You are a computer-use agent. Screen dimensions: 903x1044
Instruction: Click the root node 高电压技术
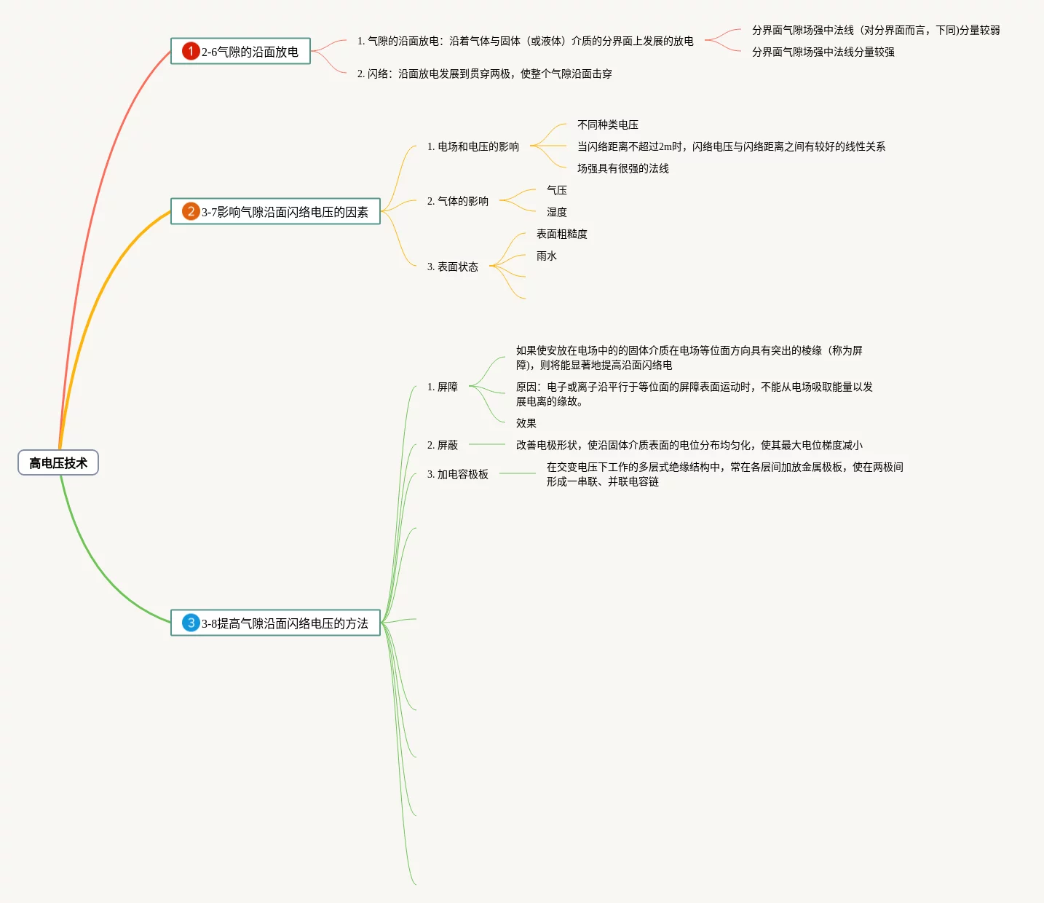point(58,463)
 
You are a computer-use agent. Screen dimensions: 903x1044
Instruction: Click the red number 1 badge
point(191,51)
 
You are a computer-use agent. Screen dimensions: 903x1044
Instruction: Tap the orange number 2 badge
point(191,211)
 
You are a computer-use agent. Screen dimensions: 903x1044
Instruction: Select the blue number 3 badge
point(191,623)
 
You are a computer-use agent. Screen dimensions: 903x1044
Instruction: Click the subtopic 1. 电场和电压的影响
point(473,146)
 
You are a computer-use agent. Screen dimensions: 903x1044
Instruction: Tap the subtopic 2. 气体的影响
point(458,201)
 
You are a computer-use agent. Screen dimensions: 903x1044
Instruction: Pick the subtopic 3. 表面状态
point(453,267)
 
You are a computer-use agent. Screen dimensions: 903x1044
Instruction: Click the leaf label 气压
point(557,190)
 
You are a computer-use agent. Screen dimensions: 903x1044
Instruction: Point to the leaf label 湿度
point(557,212)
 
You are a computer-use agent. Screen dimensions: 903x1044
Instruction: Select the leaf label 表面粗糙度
point(562,234)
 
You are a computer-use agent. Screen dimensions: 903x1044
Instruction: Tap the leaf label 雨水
point(547,256)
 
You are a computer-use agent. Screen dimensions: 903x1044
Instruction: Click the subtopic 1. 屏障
point(443,387)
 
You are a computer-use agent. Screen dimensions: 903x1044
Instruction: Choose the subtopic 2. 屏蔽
point(443,445)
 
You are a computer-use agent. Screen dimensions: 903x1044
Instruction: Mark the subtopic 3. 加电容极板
point(458,474)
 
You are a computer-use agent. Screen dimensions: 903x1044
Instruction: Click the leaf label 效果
point(526,423)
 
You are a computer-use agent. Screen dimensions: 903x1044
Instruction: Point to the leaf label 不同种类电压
point(608,125)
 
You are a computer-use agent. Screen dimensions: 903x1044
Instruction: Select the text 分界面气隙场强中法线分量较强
point(823,52)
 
